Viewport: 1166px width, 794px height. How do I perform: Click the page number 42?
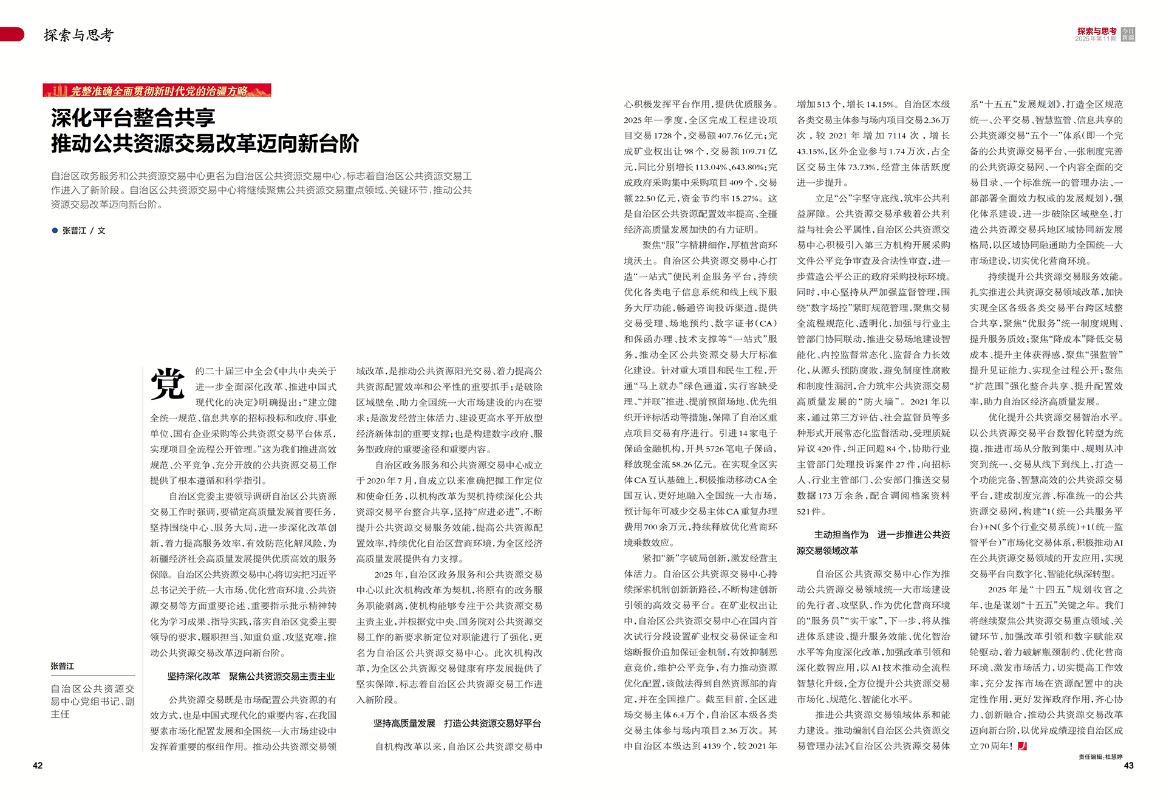pos(38,765)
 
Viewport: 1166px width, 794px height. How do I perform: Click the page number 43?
pos(1128,765)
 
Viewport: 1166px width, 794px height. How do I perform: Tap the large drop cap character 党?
pos(168,384)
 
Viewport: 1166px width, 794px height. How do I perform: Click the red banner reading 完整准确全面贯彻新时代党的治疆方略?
pos(157,91)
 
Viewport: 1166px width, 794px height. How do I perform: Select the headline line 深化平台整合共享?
pos(133,117)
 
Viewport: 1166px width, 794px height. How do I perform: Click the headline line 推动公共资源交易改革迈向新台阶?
pos(205,144)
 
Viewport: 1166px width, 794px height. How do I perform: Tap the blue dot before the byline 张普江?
pos(55,230)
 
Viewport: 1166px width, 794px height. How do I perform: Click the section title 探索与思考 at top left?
pos(78,35)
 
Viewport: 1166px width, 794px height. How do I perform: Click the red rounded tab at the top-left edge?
pos(12,35)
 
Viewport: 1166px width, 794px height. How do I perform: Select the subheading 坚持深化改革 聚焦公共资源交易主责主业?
pos(251,676)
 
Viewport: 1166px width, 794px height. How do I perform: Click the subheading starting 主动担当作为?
pos(873,542)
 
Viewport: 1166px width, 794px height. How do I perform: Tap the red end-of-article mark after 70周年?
pos(1022,746)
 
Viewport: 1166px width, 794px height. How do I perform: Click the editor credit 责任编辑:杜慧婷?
pos(1100,757)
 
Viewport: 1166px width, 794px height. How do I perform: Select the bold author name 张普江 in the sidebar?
pos(63,666)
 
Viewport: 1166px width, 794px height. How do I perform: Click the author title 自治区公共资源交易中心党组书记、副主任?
pos(92,701)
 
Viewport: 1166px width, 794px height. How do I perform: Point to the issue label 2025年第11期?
pos(1096,39)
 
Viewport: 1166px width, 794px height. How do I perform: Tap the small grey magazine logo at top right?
pos(1128,35)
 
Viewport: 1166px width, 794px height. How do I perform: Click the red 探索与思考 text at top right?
pos(1097,31)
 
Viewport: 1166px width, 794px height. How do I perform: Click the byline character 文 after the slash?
pos(101,231)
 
